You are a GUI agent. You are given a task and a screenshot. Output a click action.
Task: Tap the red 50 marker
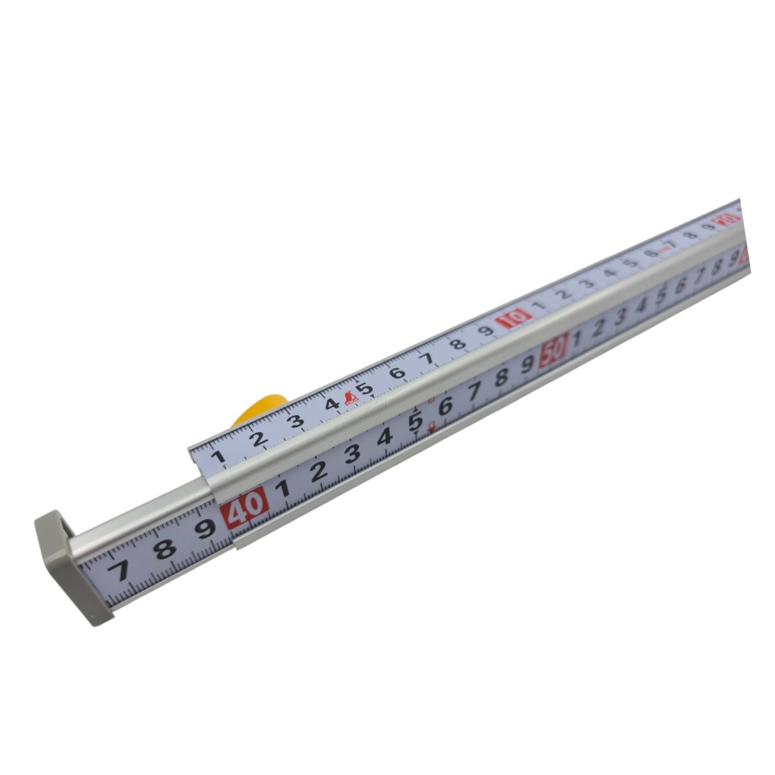(x=555, y=352)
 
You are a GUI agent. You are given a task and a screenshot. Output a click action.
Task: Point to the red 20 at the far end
(x=727, y=221)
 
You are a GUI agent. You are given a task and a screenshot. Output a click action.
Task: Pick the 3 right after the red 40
(x=352, y=453)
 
